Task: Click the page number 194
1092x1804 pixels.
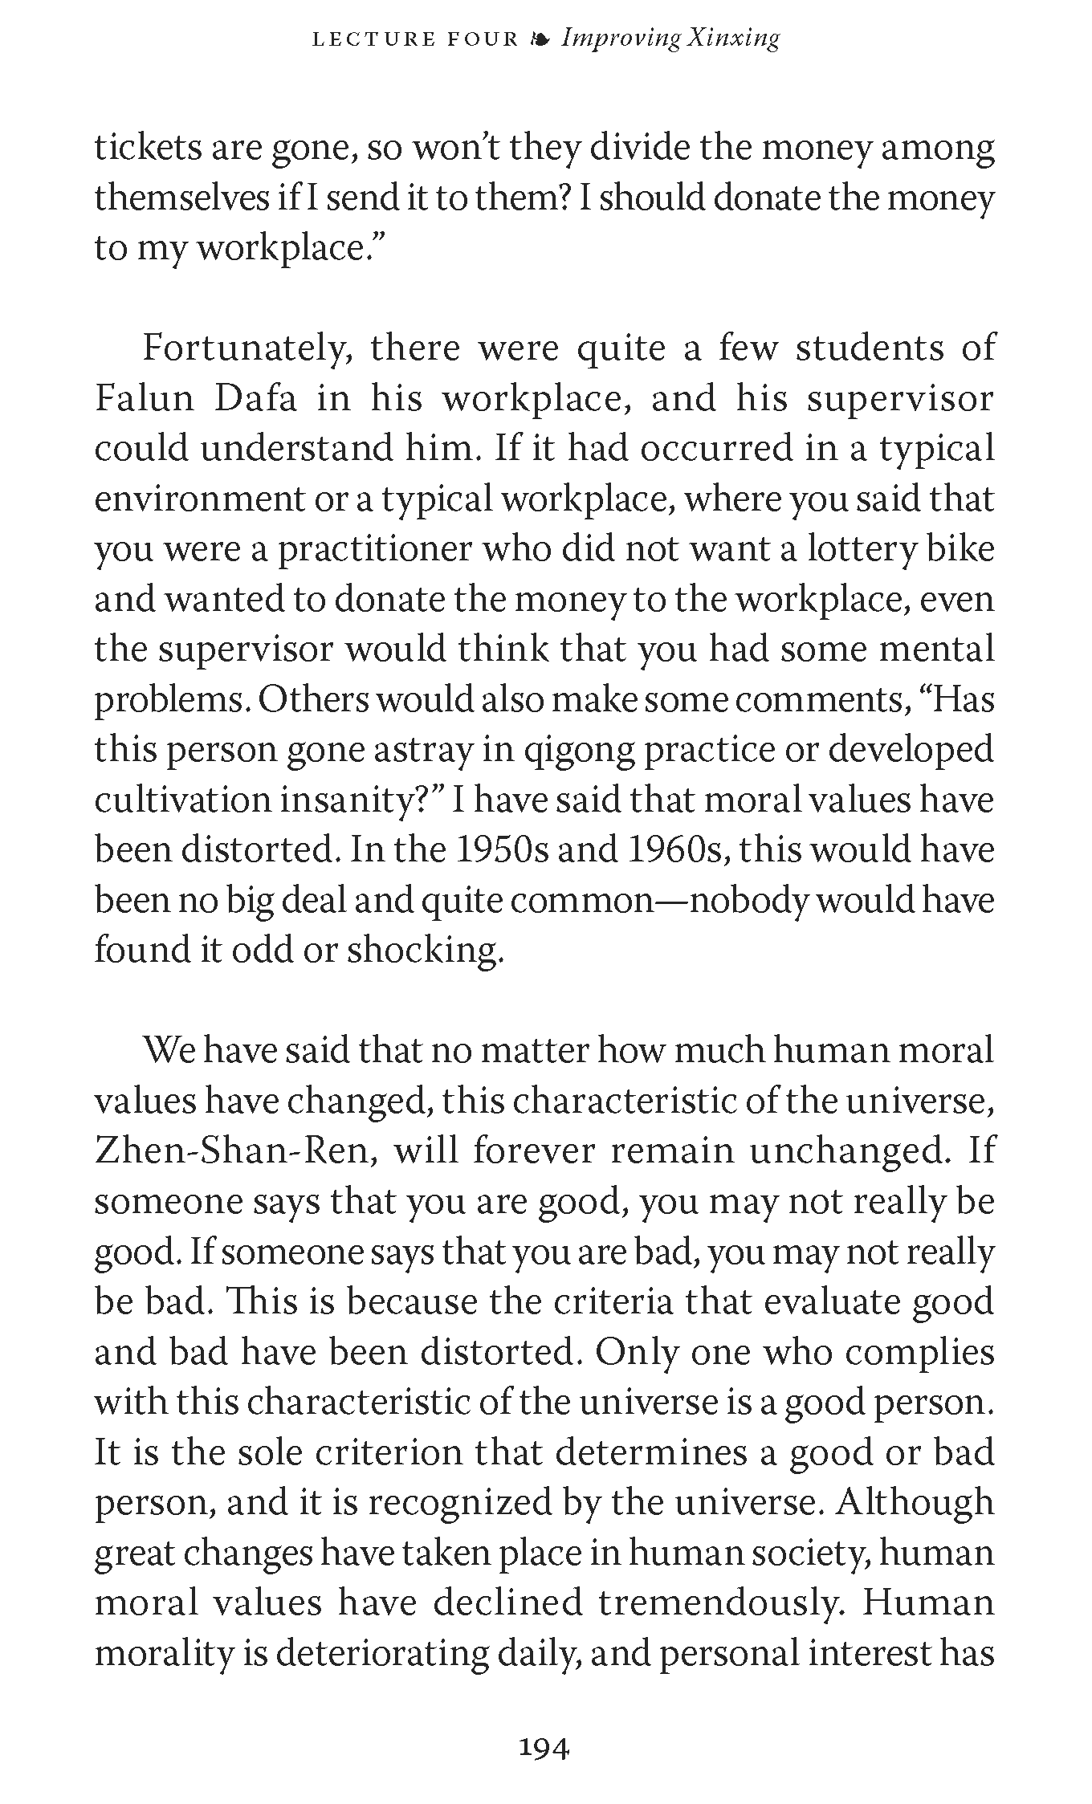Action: [x=545, y=1747]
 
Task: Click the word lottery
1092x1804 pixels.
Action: [x=861, y=550]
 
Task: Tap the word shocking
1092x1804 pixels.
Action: [x=426, y=951]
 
